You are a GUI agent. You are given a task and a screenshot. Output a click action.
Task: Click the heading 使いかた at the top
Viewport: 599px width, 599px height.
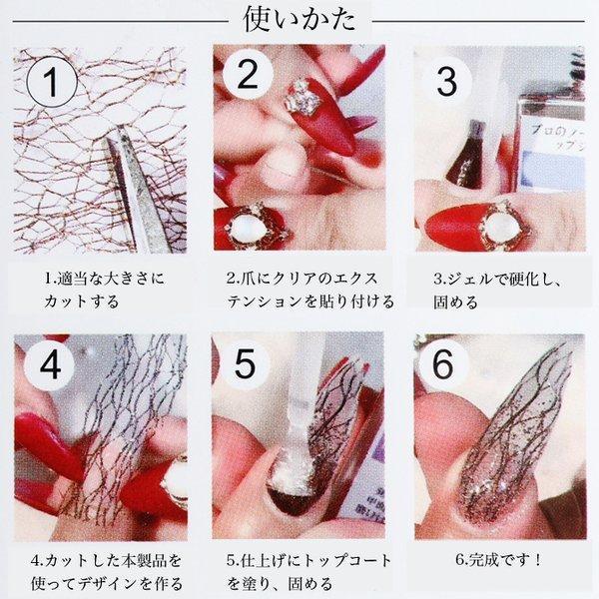299,20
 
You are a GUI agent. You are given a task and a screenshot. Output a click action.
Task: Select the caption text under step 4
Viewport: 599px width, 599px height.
100,571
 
